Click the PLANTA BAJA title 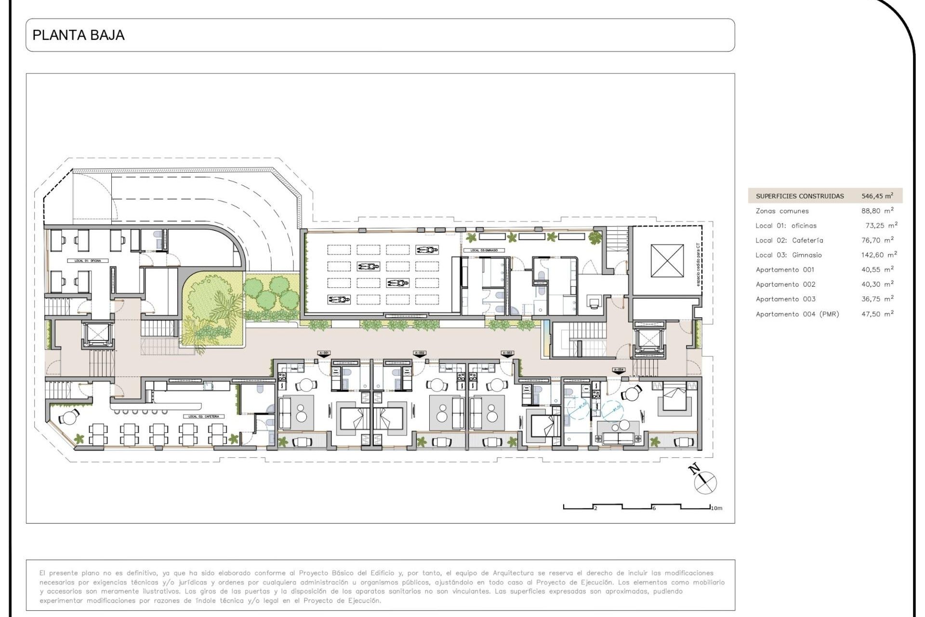pyautogui.click(x=79, y=35)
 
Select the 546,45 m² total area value pyautogui.click(x=877, y=196)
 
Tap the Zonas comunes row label pyautogui.click(x=782, y=211)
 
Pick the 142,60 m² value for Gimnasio pyautogui.click(x=879, y=255)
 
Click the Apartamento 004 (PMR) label pyautogui.click(x=797, y=314)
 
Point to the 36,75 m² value pyautogui.click(x=877, y=299)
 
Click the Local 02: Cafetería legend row pyautogui.click(x=789, y=241)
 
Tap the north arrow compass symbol pyautogui.click(x=704, y=481)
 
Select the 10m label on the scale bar pyautogui.click(x=716, y=508)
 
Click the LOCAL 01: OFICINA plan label pyautogui.click(x=88, y=261)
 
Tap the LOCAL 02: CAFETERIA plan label pyautogui.click(x=203, y=416)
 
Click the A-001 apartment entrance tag pyautogui.click(x=324, y=353)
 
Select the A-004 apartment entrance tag pyautogui.click(x=619, y=370)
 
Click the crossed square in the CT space pyautogui.click(x=667, y=261)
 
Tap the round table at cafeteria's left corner pyautogui.click(x=70, y=417)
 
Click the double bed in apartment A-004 pyautogui.click(x=674, y=398)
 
